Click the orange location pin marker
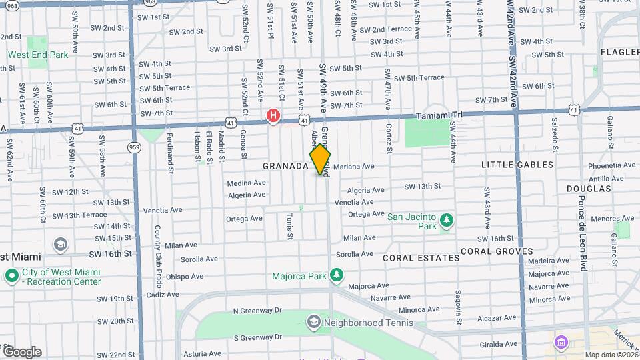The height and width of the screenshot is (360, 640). point(321,159)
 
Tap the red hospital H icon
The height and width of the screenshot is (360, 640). point(273,116)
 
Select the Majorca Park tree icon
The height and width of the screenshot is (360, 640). point(337,275)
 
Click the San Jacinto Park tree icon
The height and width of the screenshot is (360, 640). point(447,220)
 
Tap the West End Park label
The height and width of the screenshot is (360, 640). point(37,55)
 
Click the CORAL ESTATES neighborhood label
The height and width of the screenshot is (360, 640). point(421,257)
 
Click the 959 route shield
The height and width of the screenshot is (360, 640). point(135,147)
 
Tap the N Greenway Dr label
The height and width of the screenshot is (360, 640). point(257,311)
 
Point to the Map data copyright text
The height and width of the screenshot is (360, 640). point(610,355)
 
